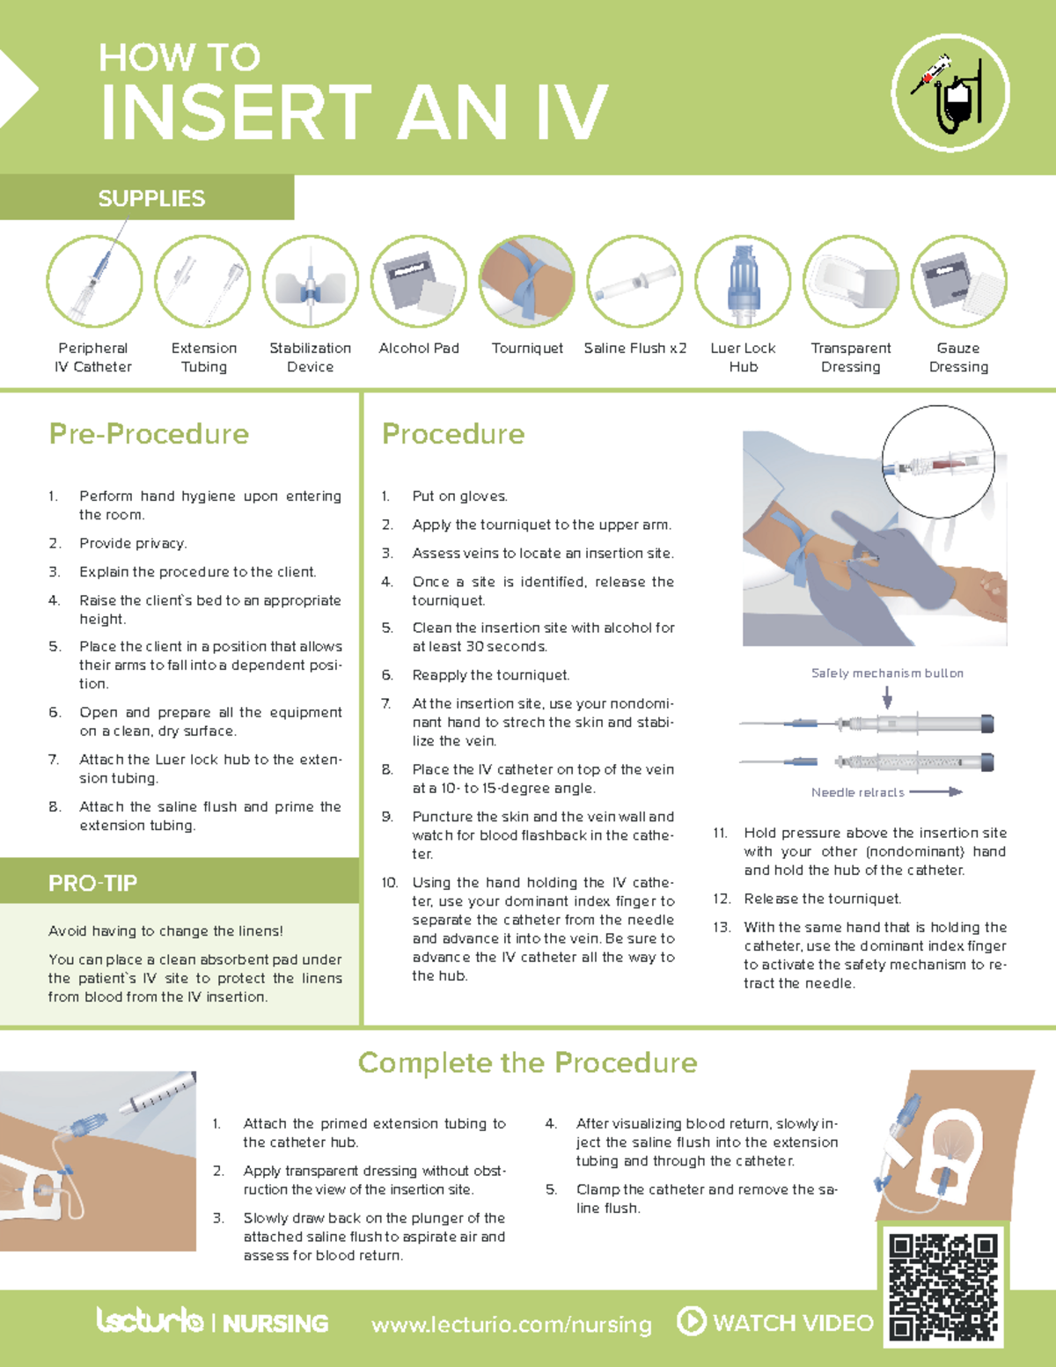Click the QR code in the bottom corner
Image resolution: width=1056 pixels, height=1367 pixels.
tap(942, 1286)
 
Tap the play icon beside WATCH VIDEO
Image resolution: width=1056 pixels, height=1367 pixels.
tap(691, 1321)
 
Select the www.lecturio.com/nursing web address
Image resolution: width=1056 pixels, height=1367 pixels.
tap(511, 1325)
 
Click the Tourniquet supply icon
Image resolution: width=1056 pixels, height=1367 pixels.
tap(526, 282)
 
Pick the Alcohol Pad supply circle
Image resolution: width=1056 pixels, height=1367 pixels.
tap(419, 282)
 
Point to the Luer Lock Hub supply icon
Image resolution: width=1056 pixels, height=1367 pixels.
tap(743, 282)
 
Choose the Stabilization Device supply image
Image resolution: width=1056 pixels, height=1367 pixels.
tap(311, 282)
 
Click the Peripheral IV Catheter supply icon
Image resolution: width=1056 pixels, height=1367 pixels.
tap(94, 282)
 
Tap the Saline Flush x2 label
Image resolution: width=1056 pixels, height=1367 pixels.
tap(634, 349)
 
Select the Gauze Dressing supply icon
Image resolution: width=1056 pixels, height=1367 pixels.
tap(958, 282)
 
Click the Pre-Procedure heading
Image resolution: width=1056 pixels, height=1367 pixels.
tap(149, 434)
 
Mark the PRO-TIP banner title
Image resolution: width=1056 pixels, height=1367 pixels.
tap(92, 883)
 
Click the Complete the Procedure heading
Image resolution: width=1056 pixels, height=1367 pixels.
tap(527, 1062)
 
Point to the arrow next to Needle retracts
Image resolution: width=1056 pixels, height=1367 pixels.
tap(936, 792)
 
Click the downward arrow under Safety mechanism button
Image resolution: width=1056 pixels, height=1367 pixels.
tap(887, 697)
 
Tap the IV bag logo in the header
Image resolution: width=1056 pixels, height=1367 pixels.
tap(950, 93)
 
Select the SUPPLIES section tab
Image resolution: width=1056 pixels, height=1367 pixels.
tap(151, 198)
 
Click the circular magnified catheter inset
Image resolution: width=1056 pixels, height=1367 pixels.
tap(938, 461)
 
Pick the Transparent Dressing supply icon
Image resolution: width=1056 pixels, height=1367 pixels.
tap(851, 282)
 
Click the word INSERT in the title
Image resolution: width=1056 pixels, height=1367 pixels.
tap(236, 113)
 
